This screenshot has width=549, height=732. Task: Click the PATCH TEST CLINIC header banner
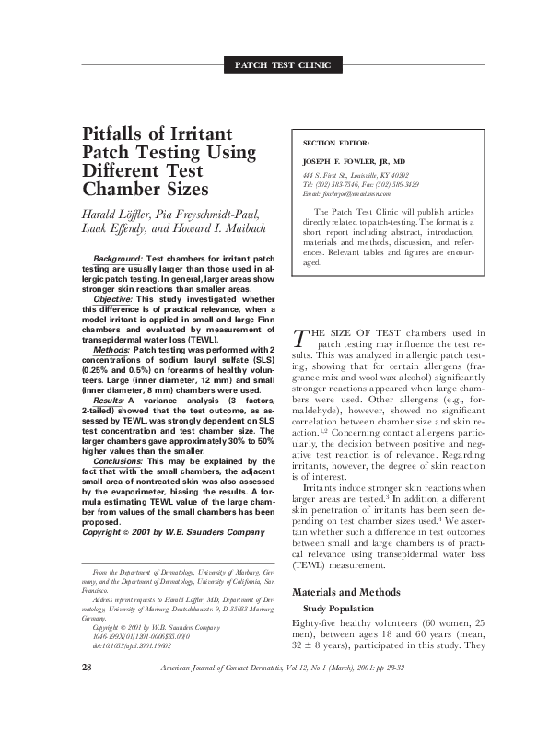pyautogui.click(x=289, y=64)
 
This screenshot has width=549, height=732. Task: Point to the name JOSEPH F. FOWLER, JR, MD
pyautogui.click(x=354, y=161)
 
